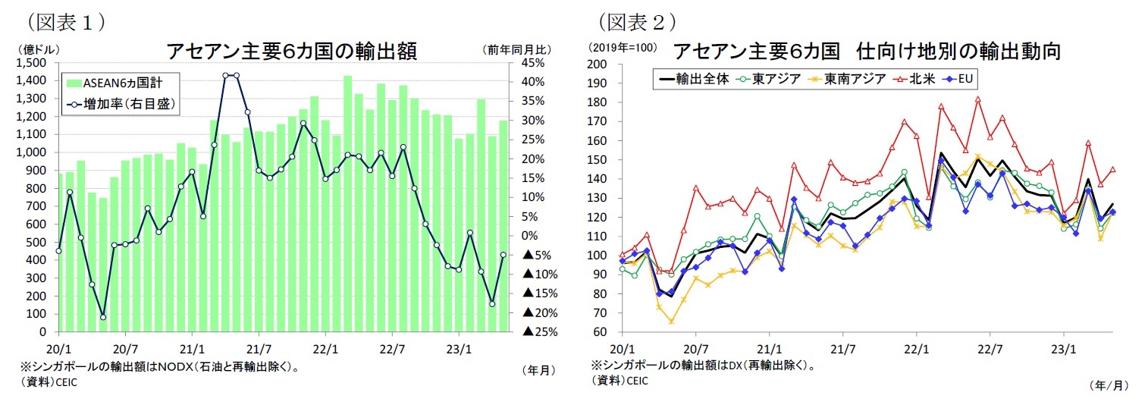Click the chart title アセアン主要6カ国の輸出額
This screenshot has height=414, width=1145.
[x=291, y=52]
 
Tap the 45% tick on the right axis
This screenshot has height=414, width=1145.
[x=535, y=63]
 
